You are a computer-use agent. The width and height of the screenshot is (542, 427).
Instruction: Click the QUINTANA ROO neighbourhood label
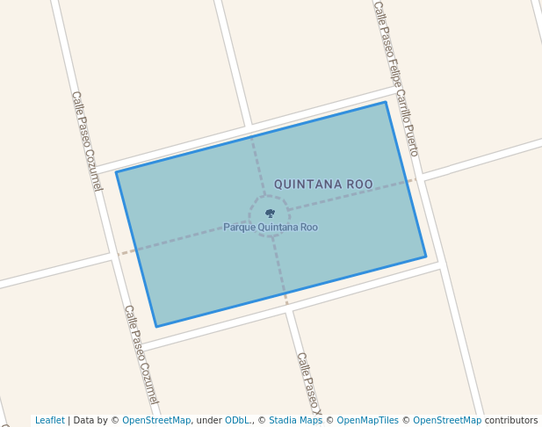tap(323, 185)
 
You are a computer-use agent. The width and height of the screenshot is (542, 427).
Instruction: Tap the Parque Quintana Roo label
tap(271, 228)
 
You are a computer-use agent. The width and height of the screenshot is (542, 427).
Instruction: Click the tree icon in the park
tap(270, 213)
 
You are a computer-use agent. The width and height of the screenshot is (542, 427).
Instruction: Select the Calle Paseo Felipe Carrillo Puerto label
tap(395, 78)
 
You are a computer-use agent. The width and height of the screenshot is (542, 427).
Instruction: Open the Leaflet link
tap(50, 421)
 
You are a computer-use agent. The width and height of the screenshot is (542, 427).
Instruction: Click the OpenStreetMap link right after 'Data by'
tap(156, 421)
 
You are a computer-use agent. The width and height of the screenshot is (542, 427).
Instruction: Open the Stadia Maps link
tap(296, 421)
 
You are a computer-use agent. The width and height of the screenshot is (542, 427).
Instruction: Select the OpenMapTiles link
tap(368, 421)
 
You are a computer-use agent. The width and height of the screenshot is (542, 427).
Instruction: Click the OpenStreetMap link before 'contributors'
tap(447, 421)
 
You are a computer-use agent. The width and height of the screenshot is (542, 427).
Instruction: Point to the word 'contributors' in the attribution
tap(511, 421)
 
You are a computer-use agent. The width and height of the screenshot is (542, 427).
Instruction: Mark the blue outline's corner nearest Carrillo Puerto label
tap(386, 103)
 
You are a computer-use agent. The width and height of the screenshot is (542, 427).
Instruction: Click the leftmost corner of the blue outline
tap(116, 172)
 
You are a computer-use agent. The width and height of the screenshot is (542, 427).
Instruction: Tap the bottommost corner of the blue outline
tap(156, 327)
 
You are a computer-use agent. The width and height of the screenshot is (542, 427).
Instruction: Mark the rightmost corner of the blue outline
tap(426, 257)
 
